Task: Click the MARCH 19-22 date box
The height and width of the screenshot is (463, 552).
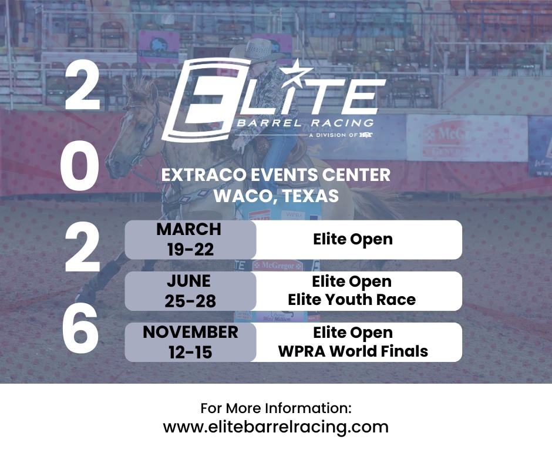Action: [x=190, y=240]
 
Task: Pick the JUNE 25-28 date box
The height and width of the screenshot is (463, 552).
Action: [x=190, y=290]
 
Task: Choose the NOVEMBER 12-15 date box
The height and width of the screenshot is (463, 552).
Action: [x=190, y=342]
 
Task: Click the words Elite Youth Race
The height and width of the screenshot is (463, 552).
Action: [x=352, y=300]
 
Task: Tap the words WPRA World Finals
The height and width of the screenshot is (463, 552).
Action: [x=353, y=351]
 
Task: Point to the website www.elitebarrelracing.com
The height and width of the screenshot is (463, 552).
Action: [x=276, y=427]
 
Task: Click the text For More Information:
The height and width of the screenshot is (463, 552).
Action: [x=276, y=408]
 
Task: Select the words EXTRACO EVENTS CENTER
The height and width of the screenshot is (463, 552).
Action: [x=276, y=175]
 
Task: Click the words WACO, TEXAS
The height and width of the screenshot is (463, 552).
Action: [x=276, y=196]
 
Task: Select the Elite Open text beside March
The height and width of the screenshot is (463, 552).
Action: [x=353, y=239]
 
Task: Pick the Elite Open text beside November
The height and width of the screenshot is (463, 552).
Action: [x=353, y=333]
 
